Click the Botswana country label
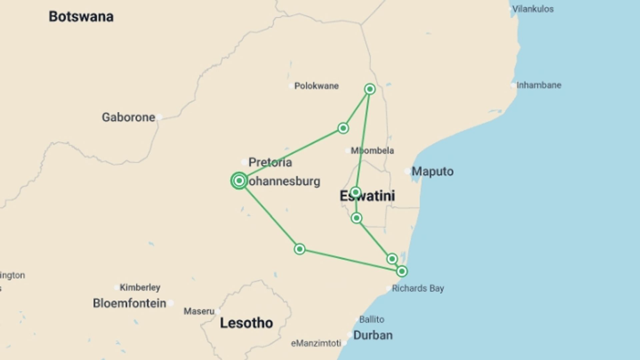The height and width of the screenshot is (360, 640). click(81, 17)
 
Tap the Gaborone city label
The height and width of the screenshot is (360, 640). click(128, 117)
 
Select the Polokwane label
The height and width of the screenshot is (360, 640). click(316, 86)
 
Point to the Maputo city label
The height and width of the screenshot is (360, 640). click(432, 171)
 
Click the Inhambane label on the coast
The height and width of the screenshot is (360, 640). click(539, 85)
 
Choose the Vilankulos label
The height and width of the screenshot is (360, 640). click(533, 9)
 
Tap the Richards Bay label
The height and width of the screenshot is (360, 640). click(418, 288)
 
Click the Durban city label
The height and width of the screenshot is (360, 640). click(373, 335)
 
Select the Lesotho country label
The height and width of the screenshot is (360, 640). click(246, 323)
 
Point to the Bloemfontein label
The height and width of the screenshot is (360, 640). click(129, 303)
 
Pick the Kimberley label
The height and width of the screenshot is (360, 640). click(140, 287)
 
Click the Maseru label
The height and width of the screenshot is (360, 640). click(199, 311)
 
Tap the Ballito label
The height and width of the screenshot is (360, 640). click(372, 319)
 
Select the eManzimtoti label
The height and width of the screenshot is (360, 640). click(316, 343)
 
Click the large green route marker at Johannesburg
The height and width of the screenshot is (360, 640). click(239, 181)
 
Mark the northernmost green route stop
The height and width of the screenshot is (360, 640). click(370, 89)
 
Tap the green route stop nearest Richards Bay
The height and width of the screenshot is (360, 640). click(402, 271)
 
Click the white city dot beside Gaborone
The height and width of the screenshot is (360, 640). click(159, 117)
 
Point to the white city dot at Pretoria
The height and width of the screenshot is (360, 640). click(244, 162)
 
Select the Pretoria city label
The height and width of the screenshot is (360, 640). click(270, 162)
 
